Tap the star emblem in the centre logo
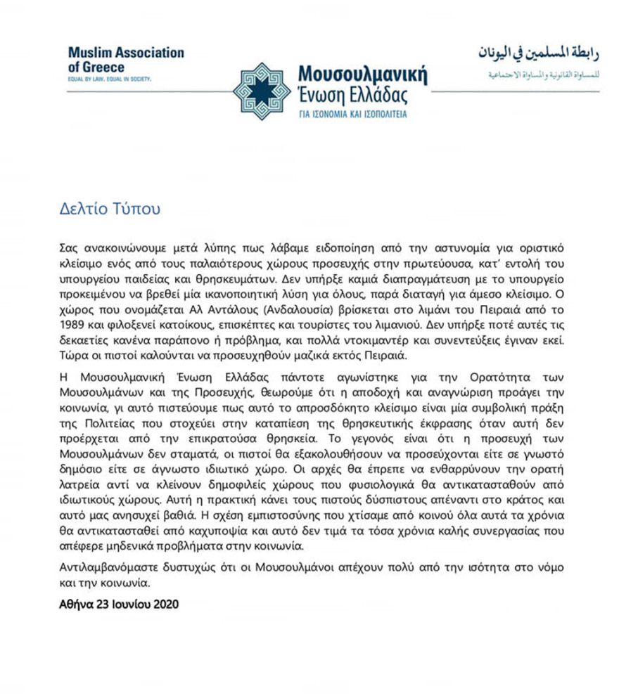click(x=261, y=92)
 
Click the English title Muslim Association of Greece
click(x=127, y=59)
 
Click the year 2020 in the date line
click(x=165, y=602)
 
